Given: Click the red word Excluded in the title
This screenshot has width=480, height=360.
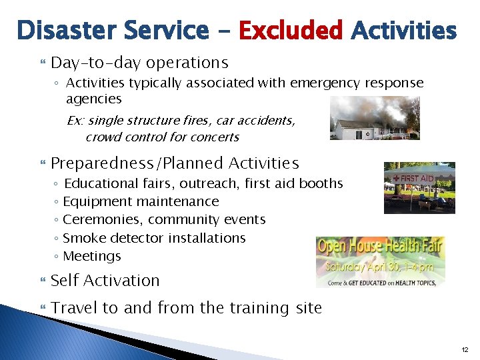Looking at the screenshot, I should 290,31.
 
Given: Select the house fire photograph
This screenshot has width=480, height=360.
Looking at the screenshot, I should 375,118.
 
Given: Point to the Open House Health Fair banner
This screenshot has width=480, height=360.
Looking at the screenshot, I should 380,261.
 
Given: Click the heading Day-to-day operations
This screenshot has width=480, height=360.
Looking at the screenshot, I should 139,63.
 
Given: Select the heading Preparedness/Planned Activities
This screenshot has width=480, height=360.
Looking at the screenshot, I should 175,163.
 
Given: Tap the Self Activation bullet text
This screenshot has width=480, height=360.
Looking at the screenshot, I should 105,281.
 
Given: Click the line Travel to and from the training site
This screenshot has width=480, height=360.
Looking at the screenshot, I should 186,308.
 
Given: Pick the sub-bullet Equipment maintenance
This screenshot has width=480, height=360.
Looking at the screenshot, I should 141,201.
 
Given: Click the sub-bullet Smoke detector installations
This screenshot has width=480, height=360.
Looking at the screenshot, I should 154,238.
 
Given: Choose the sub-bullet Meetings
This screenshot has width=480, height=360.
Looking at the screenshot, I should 92,256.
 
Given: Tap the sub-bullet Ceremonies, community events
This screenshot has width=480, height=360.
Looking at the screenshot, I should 164,219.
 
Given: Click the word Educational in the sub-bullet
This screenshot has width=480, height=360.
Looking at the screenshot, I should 97,183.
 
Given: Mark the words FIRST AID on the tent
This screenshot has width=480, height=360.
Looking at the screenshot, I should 417,178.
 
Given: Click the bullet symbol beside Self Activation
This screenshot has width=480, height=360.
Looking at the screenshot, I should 44,281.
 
